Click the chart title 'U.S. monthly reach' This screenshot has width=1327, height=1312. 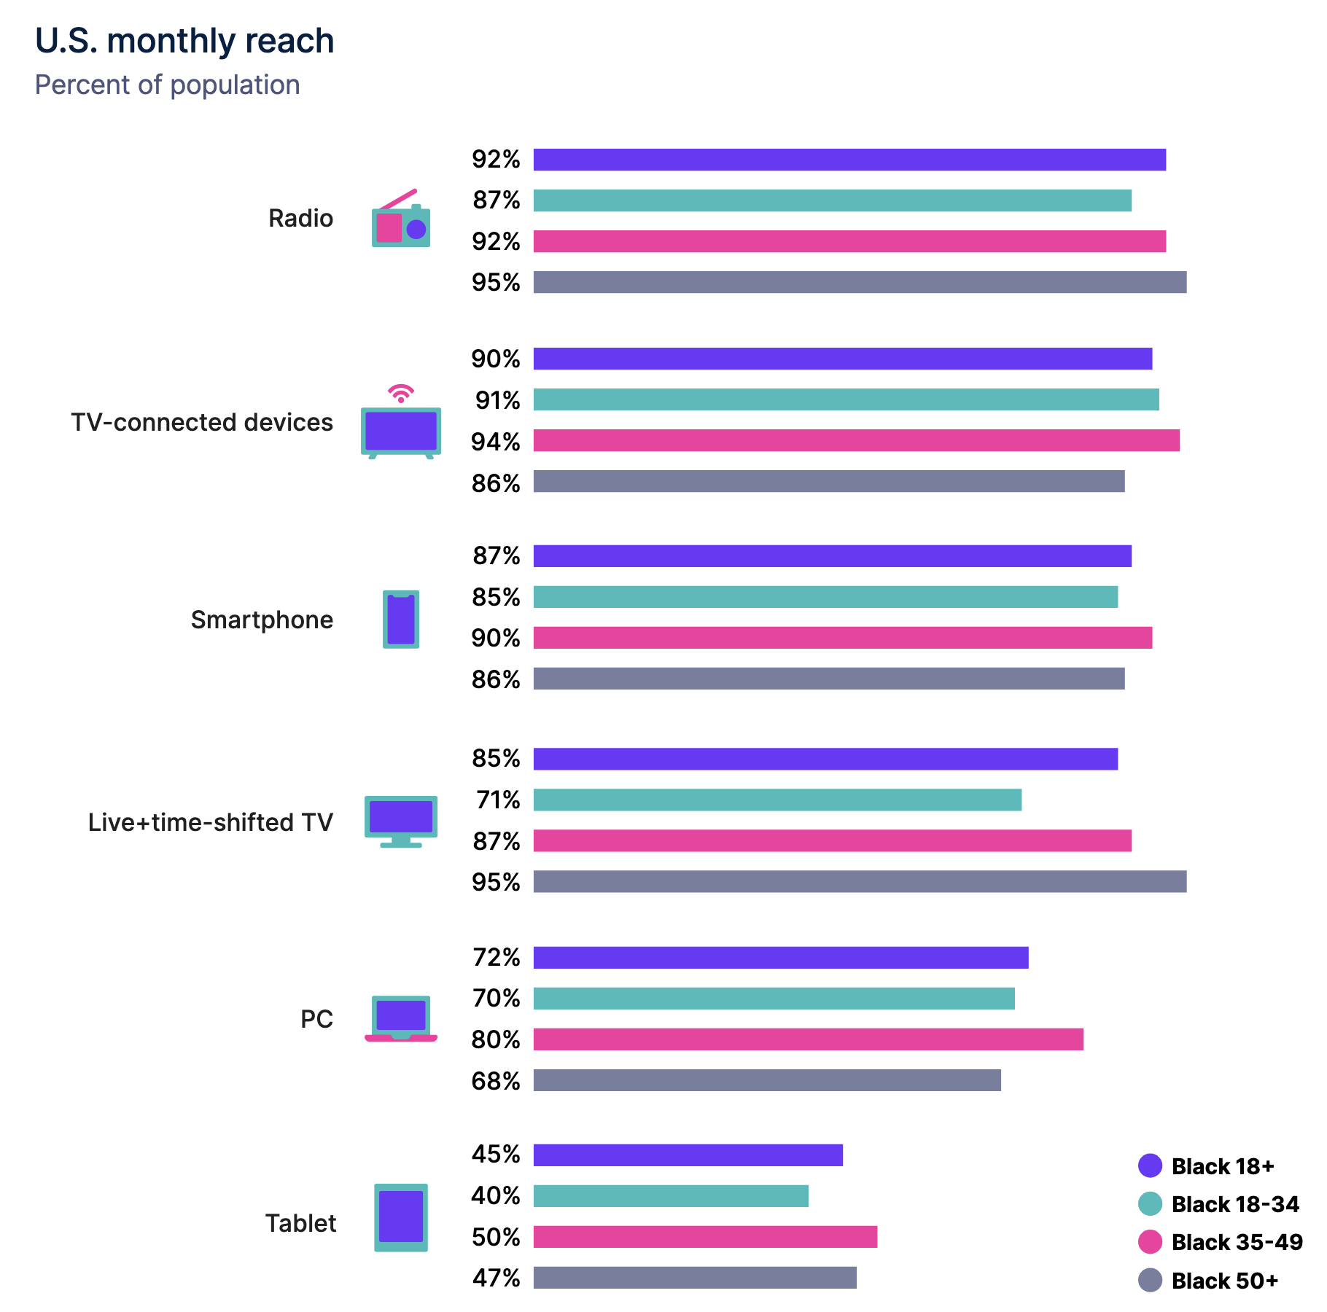pyautogui.click(x=184, y=41)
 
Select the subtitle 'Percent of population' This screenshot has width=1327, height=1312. pyautogui.click(x=168, y=85)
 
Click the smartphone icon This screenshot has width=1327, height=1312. pyautogui.click(x=400, y=620)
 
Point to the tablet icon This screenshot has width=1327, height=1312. pyautogui.click(x=400, y=1217)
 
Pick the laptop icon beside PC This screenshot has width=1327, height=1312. pyautogui.click(x=400, y=1018)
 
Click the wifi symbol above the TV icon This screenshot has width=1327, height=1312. pyautogui.click(x=400, y=394)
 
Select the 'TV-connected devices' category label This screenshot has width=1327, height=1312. pyautogui.click(x=202, y=423)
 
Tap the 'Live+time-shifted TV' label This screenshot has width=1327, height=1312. pyautogui.click(x=210, y=822)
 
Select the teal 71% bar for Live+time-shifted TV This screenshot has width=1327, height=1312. pyautogui.click(x=777, y=800)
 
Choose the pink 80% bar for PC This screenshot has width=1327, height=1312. pyautogui.click(x=808, y=1039)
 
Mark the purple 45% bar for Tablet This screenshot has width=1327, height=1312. pyautogui.click(x=688, y=1155)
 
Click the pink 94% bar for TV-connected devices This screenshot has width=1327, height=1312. pyautogui.click(x=856, y=440)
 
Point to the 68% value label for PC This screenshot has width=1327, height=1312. pyautogui.click(x=496, y=1081)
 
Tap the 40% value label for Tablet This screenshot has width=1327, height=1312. pyautogui.click(x=496, y=1196)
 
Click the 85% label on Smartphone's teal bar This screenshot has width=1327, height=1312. pyautogui.click(x=496, y=598)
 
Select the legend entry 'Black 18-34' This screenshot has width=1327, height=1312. pyautogui.click(x=1234, y=1204)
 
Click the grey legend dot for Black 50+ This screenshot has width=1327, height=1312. pyautogui.click(x=1150, y=1280)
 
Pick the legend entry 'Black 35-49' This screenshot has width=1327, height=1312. pyautogui.click(x=1237, y=1242)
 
